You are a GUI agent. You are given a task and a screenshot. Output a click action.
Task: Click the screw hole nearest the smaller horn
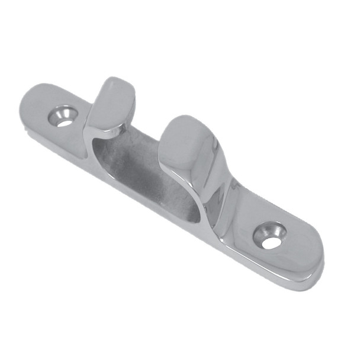[x=64, y=115]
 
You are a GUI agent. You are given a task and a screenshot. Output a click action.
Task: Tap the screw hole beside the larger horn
[x=270, y=235]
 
